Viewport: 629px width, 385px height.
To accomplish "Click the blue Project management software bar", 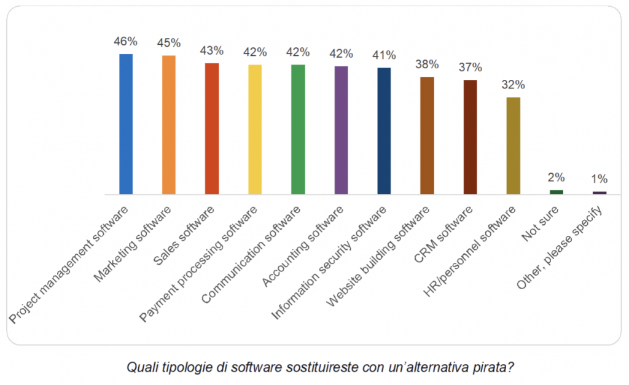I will [x=126, y=124].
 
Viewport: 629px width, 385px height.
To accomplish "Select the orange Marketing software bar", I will [x=169, y=125].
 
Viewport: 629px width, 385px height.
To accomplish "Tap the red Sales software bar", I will [x=212, y=128].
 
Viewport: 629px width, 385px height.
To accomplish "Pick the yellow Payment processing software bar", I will [x=255, y=130].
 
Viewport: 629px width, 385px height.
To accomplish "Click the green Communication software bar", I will [x=298, y=130].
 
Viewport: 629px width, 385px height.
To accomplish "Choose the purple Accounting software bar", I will [x=341, y=130].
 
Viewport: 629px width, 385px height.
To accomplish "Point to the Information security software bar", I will [x=384, y=131].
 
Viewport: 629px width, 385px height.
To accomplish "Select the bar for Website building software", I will [x=427, y=136].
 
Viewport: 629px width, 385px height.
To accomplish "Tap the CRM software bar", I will [x=470, y=137].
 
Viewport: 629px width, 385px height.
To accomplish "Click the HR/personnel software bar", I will [x=514, y=146].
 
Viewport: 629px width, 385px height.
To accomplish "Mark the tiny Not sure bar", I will [x=557, y=192].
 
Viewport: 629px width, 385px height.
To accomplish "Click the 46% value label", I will [x=126, y=42].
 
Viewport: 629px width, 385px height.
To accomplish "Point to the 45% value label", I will [x=169, y=43].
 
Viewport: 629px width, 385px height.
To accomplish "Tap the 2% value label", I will [x=557, y=177].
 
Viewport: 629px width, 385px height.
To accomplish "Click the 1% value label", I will [x=600, y=179].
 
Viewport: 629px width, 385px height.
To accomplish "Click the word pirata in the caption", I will [x=494, y=368].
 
